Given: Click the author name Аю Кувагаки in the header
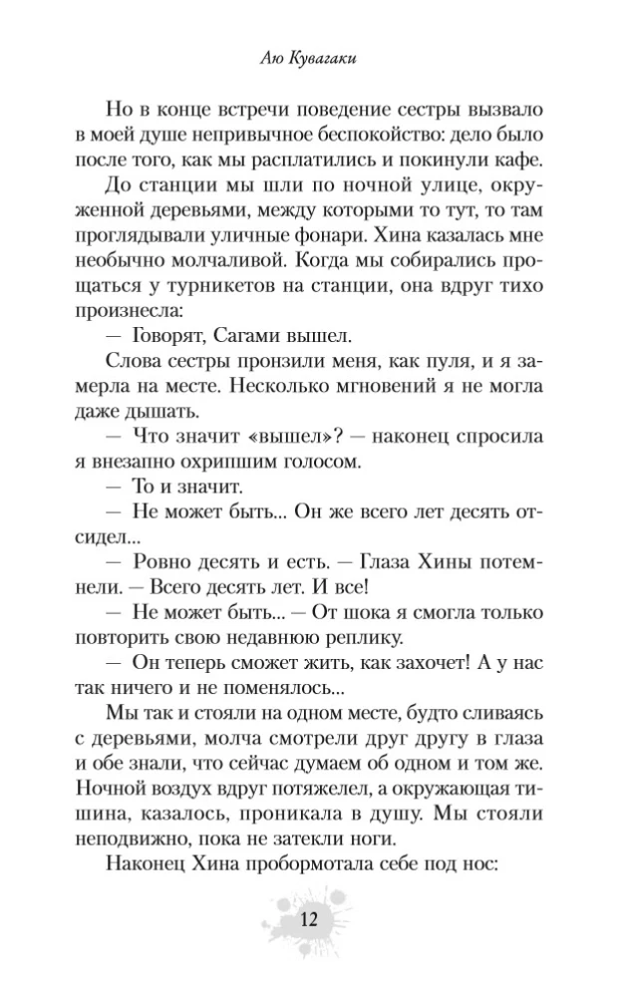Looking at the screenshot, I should pyautogui.click(x=311, y=62).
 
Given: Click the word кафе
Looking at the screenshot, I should pyautogui.click(x=513, y=161).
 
